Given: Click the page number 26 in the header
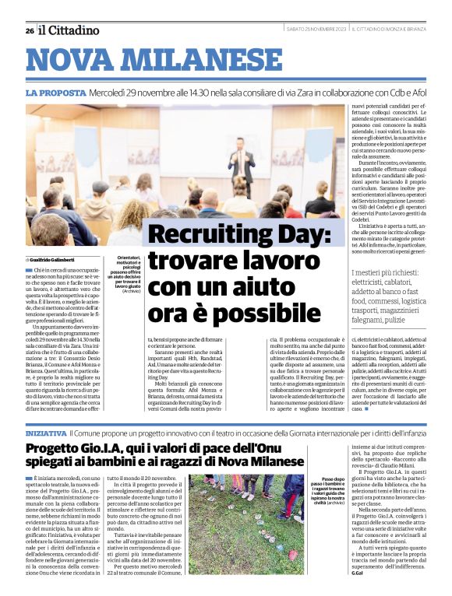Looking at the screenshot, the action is point(29,30).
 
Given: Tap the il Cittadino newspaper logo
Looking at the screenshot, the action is point(69,30).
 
